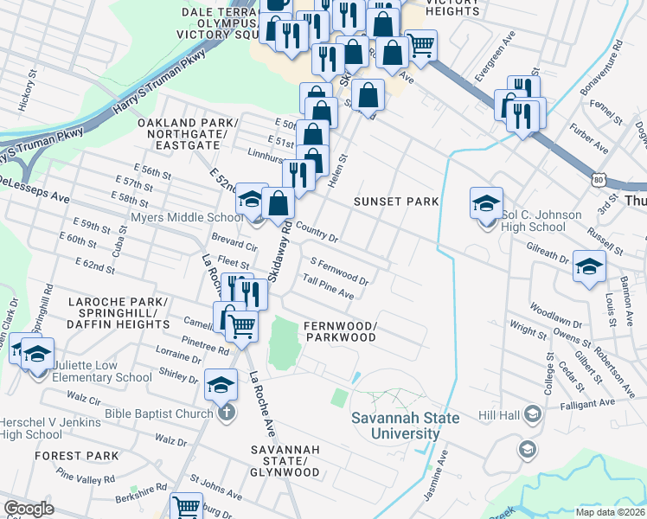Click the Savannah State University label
395,426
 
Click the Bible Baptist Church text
158,413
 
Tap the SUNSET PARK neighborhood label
396,202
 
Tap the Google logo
29,509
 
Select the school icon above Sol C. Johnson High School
486,204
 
